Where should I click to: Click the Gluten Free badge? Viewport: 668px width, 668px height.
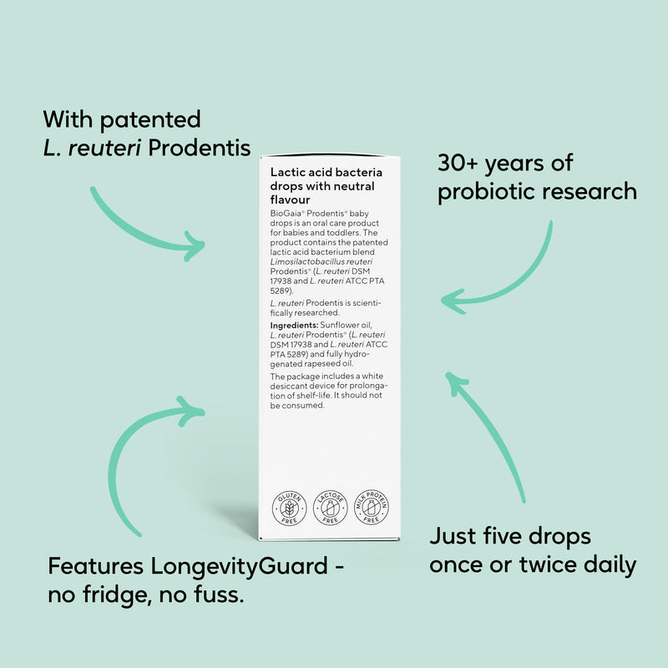pos(289,508)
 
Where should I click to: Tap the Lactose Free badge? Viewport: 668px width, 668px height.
pos(330,508)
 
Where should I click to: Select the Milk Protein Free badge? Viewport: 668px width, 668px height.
pos(371,507)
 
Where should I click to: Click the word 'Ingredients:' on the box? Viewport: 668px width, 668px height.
pos(294,325)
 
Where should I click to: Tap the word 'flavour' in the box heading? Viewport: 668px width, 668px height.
pos(290,200)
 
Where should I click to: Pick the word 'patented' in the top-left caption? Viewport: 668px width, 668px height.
pos(150,120)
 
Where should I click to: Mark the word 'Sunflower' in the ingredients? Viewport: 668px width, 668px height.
pos(337,325)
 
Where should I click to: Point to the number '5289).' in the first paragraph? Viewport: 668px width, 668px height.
pos(281,291)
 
